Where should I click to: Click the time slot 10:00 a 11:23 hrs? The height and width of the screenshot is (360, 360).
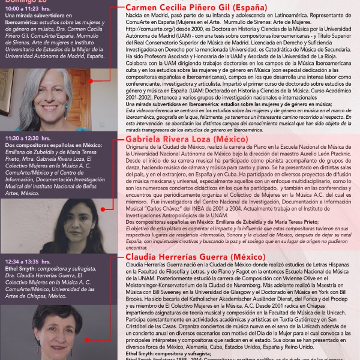30,10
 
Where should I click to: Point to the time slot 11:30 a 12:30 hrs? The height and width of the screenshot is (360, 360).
29,137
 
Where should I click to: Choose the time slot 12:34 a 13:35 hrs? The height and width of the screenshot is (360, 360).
29,262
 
